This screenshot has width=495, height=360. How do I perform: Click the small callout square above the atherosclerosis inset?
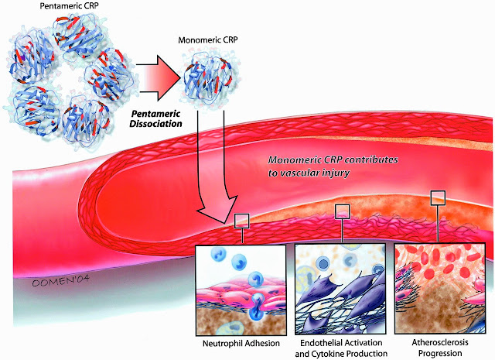point(439,197)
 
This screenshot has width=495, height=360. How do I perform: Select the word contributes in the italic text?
point(373,161)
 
